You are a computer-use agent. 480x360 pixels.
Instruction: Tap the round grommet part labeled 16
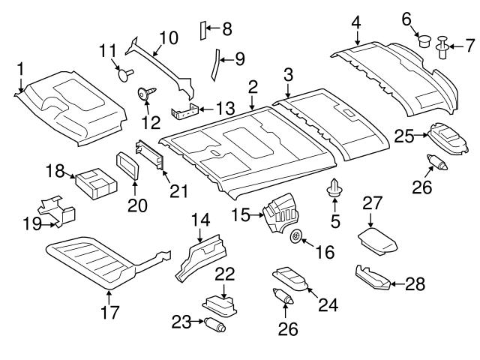pyautogui.click(x=296, y=237)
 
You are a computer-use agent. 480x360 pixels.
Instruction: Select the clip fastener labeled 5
pyautogui.click(x=334, y=190)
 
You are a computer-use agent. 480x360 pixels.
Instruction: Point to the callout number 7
pyautogui.click(x=469, y=46)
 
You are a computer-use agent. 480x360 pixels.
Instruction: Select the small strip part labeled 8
pyautogui.click(x=201, y=30)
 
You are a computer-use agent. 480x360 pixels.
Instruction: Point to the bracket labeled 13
pyautogui.click(x=184, y=113)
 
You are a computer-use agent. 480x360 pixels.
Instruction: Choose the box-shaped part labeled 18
pyautogui.click(x=96, y=182)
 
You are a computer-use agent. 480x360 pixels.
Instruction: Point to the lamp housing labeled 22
pyautogui.click(x=218, y=303)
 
